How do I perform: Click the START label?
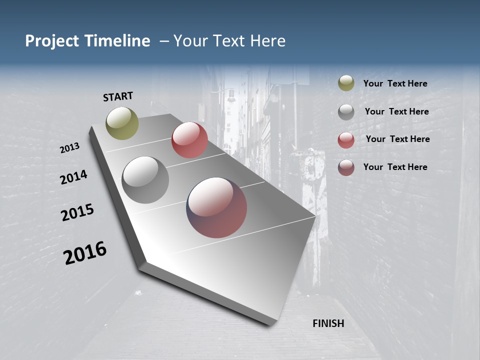118,96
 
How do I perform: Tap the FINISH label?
328,323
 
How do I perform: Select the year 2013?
70,148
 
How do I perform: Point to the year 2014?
73,177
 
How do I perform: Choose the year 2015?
77,212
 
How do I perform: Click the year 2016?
85,253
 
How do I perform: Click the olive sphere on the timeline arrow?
122,123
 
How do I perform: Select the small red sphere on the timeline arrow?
189,140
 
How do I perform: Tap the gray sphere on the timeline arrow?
145,180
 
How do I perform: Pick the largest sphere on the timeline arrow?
217,207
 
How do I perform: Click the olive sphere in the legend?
346,83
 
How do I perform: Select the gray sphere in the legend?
346,112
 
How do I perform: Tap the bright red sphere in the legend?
346,140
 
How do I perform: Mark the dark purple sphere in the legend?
346,167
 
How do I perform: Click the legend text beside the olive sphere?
395,84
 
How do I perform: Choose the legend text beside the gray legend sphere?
396,111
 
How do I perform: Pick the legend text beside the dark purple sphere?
395,167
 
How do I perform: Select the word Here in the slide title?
267,41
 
